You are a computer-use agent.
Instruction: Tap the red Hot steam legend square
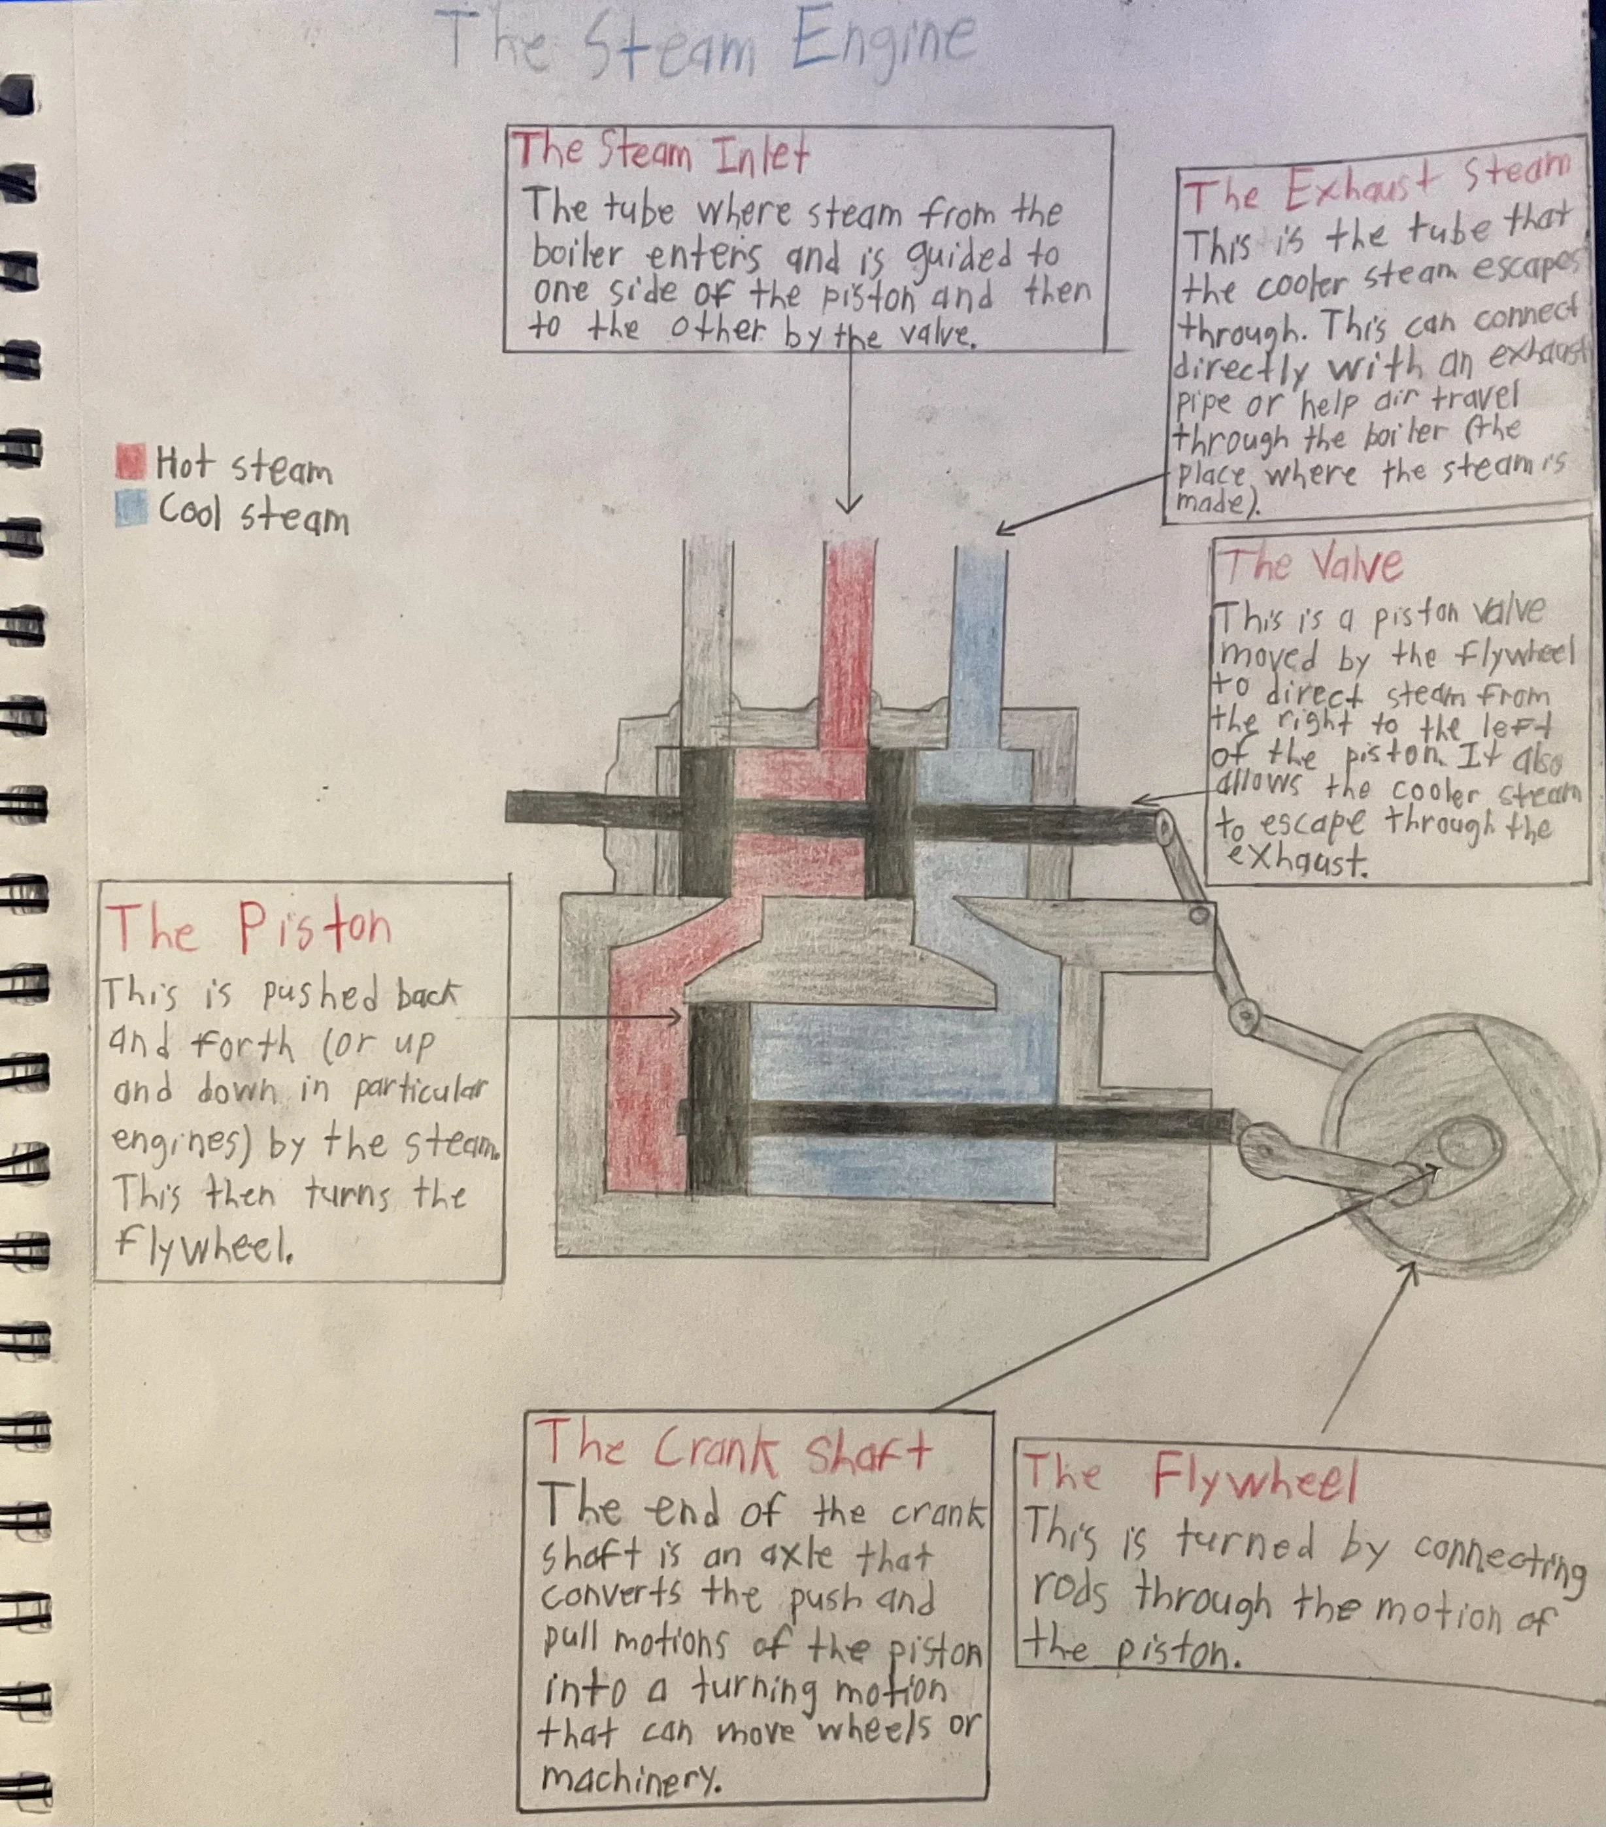[131, 461]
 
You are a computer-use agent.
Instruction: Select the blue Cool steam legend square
[131, 509]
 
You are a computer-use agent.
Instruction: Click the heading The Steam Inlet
[660, 154]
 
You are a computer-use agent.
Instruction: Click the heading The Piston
[248, 927]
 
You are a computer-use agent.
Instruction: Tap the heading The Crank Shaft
[733, 1449]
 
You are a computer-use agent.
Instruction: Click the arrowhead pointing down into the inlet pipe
[848, 507]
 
